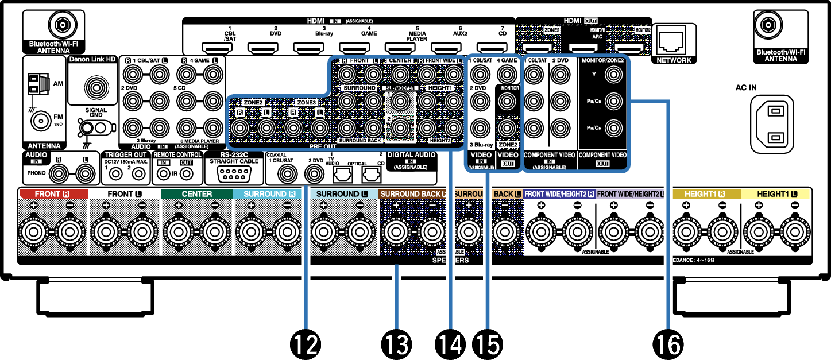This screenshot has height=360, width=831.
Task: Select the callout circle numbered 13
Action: click(396, 344)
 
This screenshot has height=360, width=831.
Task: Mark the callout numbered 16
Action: click(668, 344)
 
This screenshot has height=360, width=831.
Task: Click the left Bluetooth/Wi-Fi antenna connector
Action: click(60, 25)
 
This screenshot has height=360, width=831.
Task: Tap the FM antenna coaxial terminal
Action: click(41, 121)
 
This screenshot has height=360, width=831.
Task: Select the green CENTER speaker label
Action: click(197, 194)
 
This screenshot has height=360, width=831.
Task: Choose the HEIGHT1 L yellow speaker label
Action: click(777, 194)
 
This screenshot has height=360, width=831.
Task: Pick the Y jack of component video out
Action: click(614, 73)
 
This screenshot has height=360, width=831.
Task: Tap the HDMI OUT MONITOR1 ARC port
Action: click(584, 49)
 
